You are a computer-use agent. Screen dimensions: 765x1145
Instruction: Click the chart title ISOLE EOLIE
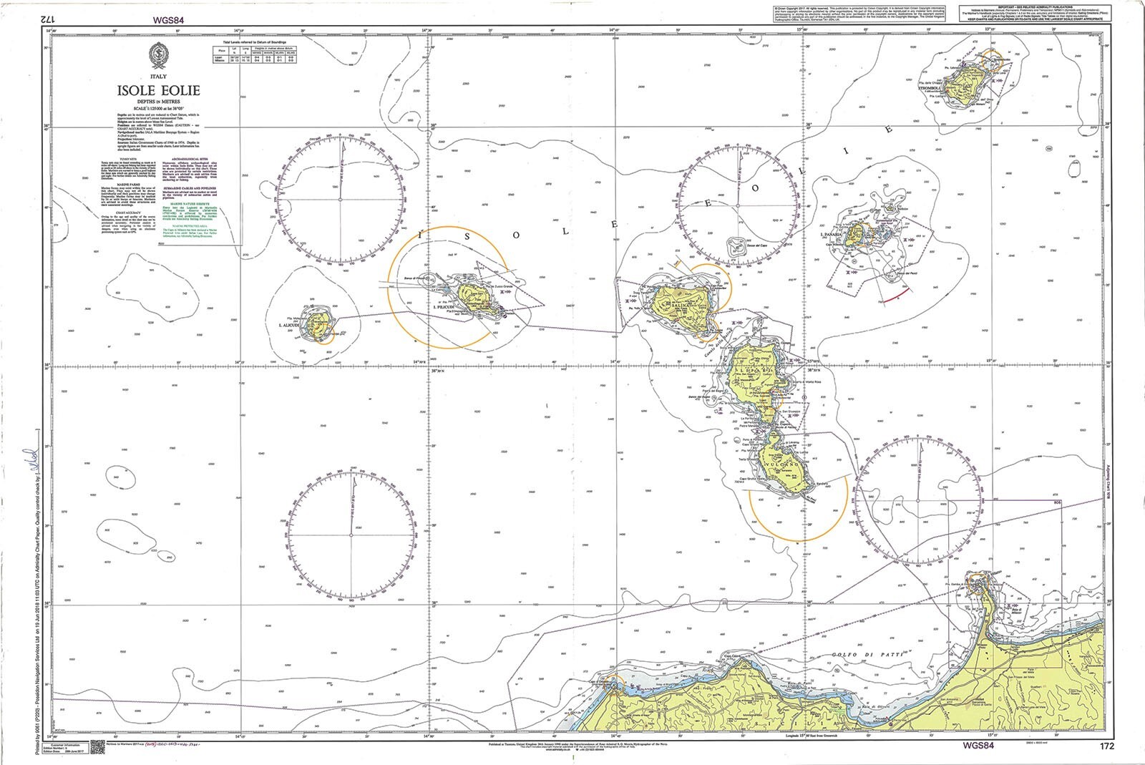click(x=159, y=91)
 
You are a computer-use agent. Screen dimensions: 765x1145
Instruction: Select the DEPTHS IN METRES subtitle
click(x=159, y=103)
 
